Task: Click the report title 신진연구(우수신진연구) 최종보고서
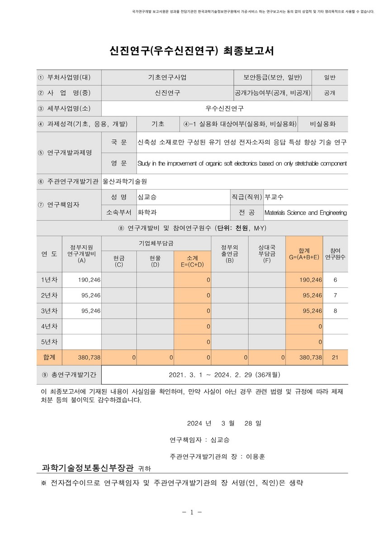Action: pyautogui.click(x=192, y=50)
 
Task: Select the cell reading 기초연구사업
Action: pyautogui.click(x=167, y=77)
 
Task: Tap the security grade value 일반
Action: pyautogui.click(x=329, y=77)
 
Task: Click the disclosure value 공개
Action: pyautogui.click(x=329, y=93)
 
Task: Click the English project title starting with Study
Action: pyautogui.click(x=242, y=163)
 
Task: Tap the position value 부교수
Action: pyautogui.click(x=274, y=197)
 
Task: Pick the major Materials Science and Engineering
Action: pyautogui.click(x=305, y=213)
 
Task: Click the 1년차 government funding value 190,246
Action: pyautogui.click(x=89, y=280)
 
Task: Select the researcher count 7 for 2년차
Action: pyautogui.click(x=335, y=295)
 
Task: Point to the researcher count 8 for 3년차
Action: pyautogui.click(x=335, y=311)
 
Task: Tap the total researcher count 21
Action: pyautogui.click(x=335, y=357)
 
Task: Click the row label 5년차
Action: pyautogui.click(x=49, y=342)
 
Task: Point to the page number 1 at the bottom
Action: pyautogui.click(x=192, y=512)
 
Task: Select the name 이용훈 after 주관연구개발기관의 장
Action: pyautogui.click(x=256, y=457)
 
